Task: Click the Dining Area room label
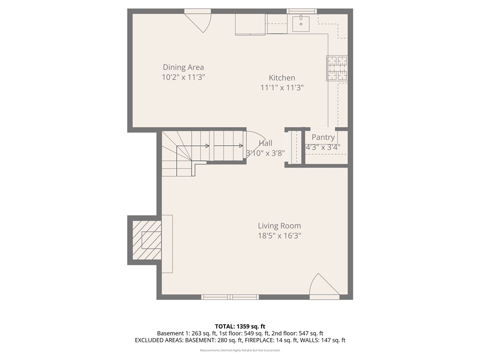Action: pyautogui.click(x=183, y=67)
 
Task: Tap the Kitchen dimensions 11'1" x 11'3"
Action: pyautogui.click(x=282, y=87)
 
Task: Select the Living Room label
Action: pyautogui.click(x=279, y=226)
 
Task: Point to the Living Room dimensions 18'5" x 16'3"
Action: pyautogui.click(x=279, y=236)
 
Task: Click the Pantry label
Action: pyautogui.click(x=323, y=137)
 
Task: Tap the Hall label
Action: pyautogui.click(x=265, y=143)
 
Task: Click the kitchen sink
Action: pyautogui.click(x=300, y=23)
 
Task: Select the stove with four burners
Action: pyautogui.click(x=337, y=68)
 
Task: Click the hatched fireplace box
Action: pyautogui.click(x=147, y=240)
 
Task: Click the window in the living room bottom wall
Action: pyautogui.click(x=230, y=297)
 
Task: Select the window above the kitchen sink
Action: pyautogui.click(x=301, y=11)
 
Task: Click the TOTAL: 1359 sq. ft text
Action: pyautogui.click(x=240, y=326)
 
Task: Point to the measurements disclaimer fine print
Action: pyautogui.click(x=240, y=350)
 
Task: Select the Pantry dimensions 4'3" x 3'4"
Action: pyautogui.click(x=323, y=147)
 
